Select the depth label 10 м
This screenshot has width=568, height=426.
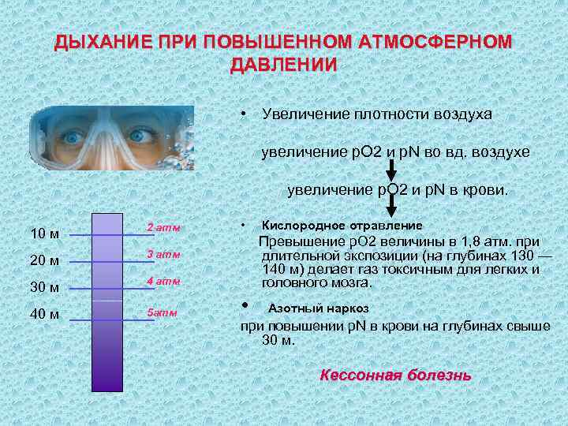point(43,234)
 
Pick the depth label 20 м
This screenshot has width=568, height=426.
point(43,260)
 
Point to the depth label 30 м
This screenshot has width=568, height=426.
point(43,287)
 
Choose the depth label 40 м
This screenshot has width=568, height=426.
point(43,314)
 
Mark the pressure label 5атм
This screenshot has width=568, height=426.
point(163,312)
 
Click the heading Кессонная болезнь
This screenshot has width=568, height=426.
point(395,375)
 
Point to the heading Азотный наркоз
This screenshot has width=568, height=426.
point(319,308)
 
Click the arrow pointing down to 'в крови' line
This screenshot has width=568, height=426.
point(390,172)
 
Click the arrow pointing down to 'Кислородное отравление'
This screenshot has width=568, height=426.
point(390,207)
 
